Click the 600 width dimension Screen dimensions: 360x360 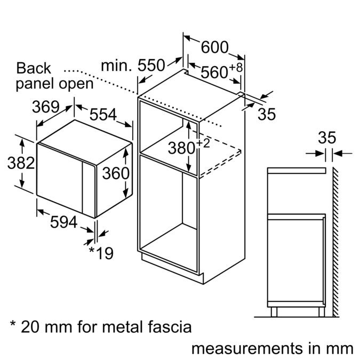214,47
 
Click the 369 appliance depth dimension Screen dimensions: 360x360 45,107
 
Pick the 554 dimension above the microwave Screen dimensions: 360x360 103,114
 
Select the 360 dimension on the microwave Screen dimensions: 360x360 116,173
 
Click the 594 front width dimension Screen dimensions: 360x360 63,222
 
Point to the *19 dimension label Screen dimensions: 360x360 101,252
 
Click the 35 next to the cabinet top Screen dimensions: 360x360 266,114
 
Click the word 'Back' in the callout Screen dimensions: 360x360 34,68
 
